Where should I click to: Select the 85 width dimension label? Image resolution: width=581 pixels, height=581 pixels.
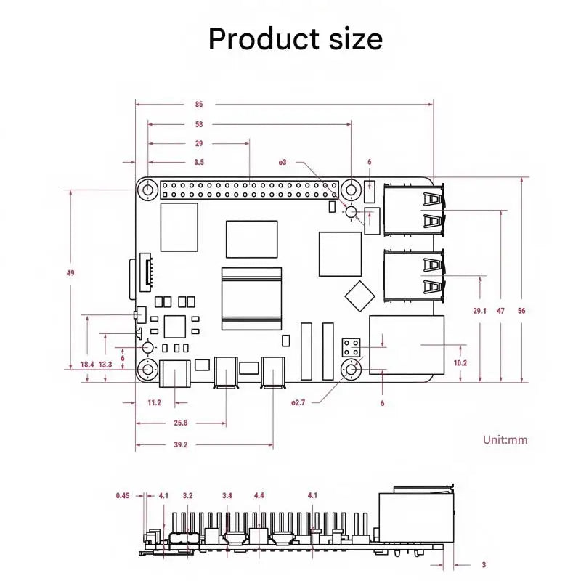[199, 104]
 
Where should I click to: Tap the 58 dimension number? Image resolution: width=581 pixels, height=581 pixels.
[199, 124]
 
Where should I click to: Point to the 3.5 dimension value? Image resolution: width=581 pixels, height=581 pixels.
[199, 162]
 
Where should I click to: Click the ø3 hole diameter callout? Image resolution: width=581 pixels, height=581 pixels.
[283, 162]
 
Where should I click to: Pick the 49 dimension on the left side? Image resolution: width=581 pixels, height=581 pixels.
[70, 273]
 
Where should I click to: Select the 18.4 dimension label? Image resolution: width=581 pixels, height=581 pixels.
[87, 365]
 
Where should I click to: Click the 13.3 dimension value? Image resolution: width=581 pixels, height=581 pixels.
[105, 365]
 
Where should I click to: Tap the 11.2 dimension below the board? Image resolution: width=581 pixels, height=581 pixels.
[154, 402]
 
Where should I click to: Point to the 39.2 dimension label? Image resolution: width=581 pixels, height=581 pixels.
[181, 445]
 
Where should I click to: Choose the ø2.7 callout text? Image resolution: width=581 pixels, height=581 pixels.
[298, 402]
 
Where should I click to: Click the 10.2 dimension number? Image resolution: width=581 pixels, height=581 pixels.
[460, 362]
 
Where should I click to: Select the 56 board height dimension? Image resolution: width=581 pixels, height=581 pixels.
[521, 310]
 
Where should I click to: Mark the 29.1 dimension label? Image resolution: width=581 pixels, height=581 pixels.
[479, 310]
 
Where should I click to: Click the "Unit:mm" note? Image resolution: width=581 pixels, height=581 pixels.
[505, 439]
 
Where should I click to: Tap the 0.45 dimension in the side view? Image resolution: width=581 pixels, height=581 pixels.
[123, 496]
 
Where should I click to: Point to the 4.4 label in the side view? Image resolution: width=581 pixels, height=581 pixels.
[259, 496]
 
